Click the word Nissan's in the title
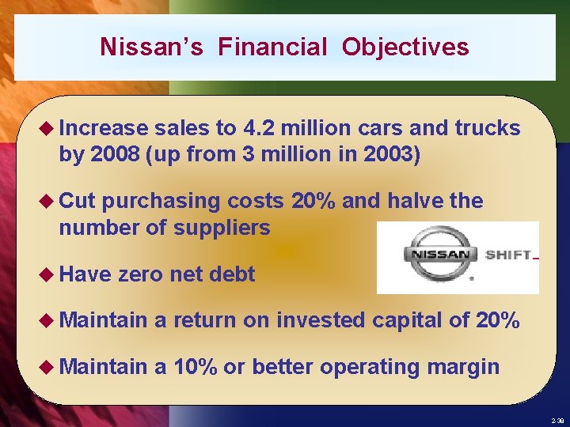[151, 47]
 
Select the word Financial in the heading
[272, 47]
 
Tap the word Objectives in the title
[405, 47]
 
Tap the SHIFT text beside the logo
[507, 255]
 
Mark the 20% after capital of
[497, 320]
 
